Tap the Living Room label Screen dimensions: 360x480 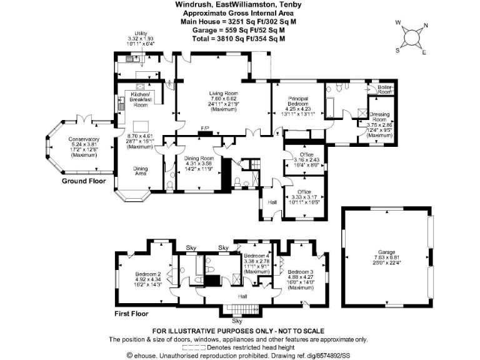click(224, 93)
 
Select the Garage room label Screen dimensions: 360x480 click(385, 254)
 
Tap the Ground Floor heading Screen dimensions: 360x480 click(85, 181)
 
